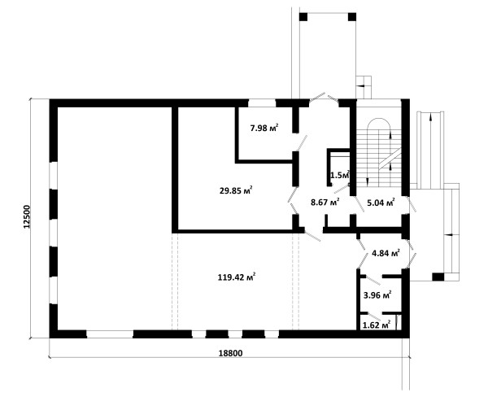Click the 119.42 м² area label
click(237, 277)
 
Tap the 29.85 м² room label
click(236, 190)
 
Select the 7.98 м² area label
click(264, 128)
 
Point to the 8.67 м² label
click(325, 202)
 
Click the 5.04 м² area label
click(381, 203)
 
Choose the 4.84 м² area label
click(386, 253)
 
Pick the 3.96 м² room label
click(377, 294)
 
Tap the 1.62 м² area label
click(377, 325)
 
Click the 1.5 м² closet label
click(340, 175)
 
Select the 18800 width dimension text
click(230, 353)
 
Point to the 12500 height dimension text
click(27, 216)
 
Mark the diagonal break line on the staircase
click(390, 159)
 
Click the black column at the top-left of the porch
click(303, 17)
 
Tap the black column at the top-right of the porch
click(352, 17)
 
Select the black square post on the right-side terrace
click(438, 277)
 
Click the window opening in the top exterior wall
click(262, 103)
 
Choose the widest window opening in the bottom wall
click(110, 334)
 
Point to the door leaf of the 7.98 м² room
click(302, 142)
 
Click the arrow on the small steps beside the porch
click(360, 85)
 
